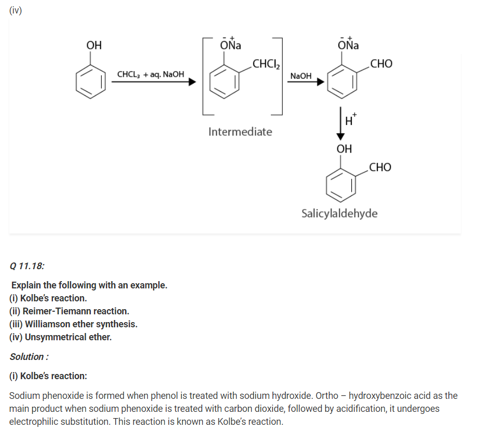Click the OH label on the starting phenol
pyautogui.click(x=94, y=45)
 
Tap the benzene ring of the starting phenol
pyautogui.click(x=91, y=82)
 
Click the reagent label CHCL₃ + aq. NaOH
pyautogui.click(x=150, y=75)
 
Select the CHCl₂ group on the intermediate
pyautogui.click(x=266, y=64)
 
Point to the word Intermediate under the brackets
pyautogui.click(x=240, y=132)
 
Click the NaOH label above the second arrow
pyautogui.click(x=301, y=76)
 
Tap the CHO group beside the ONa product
pyautogui.click(x=381, y=64)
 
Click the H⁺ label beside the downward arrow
pyautogui.click(x=351, y=121)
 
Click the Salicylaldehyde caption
pyautogui.click(x=339, y=213)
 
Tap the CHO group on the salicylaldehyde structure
pyautogui.click(x=380, y=168)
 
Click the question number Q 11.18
pyautogui.click(x=27, y=266)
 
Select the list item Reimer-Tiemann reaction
pyautogui.click(x=69, y=311)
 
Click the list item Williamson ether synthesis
pyautogui.click(x=73, y=324)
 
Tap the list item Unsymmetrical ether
pyautogui.click(x=60, y=337)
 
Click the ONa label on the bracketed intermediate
pyautogui.click(x=230, y=45)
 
